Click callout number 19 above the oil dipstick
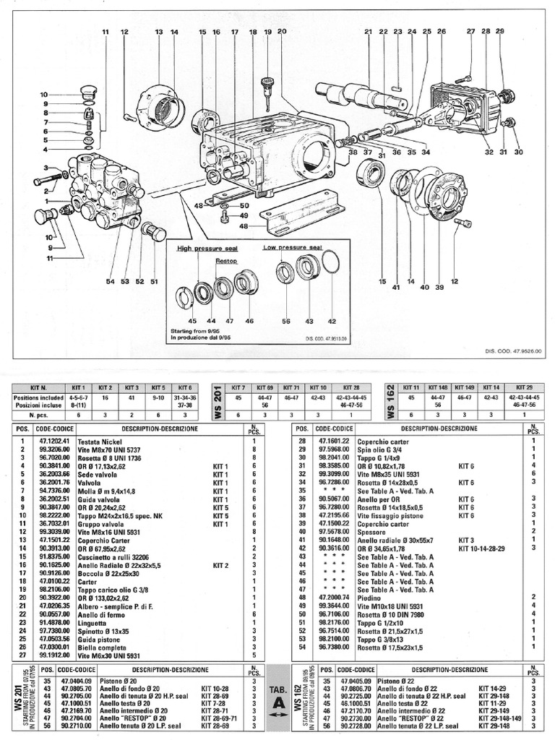267,33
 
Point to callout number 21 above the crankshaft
367,33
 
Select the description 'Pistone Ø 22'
379,680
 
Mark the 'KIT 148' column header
438,388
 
